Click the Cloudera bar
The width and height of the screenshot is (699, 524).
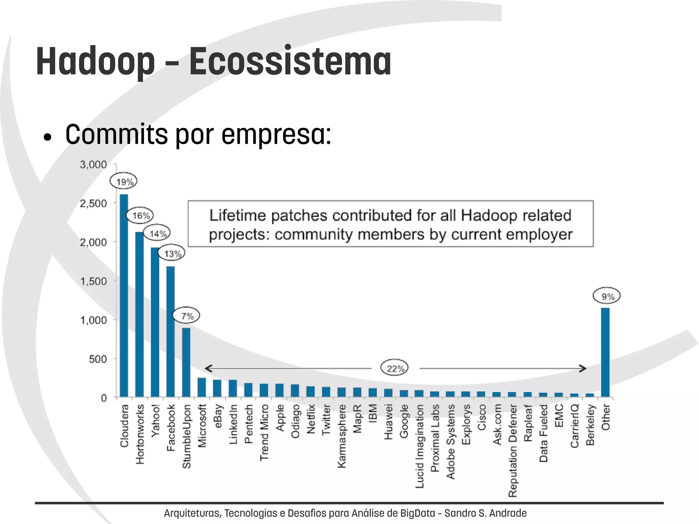tap(124, 295)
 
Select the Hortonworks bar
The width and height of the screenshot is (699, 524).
tap(140, 314)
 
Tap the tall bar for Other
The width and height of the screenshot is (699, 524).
tap(605, 352)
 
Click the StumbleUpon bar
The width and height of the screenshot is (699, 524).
tap(186, 362)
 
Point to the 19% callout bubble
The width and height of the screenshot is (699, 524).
tap(124, 182)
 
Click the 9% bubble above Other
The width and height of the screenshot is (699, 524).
tap(607, 296)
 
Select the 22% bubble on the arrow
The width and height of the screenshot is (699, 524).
tap(395, 368)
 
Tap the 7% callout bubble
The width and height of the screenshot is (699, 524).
tap(186, 316)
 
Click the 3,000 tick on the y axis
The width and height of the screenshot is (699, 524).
tap(93, 165)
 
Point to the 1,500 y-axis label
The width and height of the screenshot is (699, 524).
tap(93, 281)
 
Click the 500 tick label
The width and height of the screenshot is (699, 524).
tap(98, 359)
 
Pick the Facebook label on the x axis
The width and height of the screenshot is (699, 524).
tap(171, 427)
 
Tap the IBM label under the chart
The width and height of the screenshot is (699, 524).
tap(373, 413)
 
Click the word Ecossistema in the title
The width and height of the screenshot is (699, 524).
tap(290, 61)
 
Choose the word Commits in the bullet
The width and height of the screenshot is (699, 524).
tap(116, 134)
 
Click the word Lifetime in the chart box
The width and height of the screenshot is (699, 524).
tap(237, 215)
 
